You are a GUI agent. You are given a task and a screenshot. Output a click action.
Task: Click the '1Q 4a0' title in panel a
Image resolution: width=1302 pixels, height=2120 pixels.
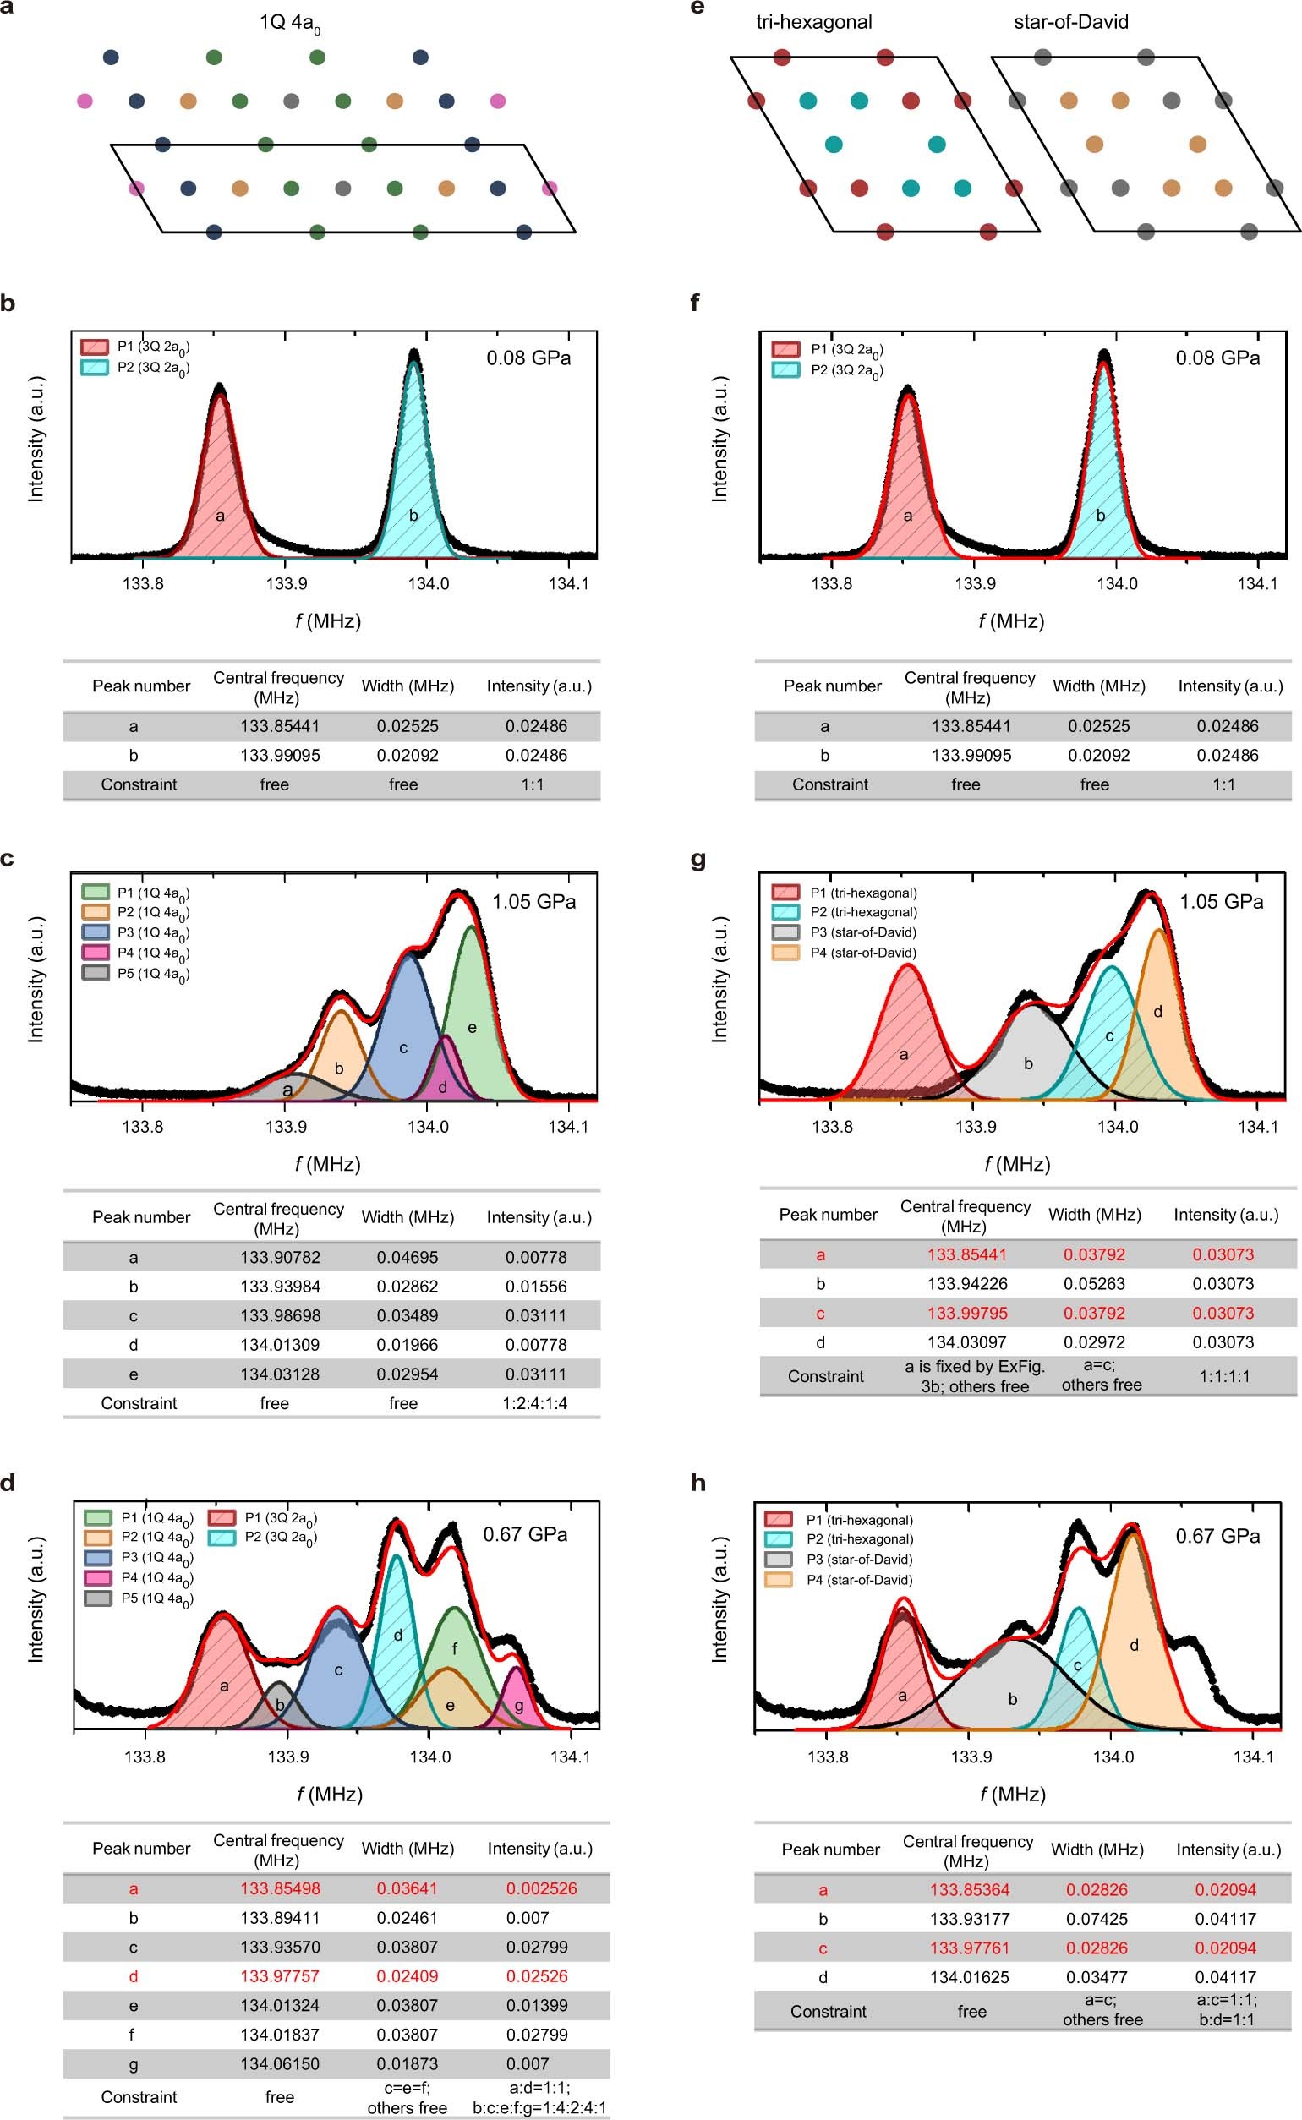point(289,23)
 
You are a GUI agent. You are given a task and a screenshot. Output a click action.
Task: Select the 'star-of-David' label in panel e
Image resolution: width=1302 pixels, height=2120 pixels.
point(1070,21)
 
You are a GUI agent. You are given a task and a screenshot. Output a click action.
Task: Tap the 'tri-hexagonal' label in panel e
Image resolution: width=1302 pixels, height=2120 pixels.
point(813,21)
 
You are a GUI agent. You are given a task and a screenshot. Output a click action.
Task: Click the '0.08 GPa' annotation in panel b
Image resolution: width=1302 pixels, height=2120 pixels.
point(528,358)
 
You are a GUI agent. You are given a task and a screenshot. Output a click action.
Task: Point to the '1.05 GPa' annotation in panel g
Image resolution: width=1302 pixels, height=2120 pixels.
point(1221,902)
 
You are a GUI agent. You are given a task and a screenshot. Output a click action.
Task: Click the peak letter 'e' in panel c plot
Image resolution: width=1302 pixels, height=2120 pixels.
point(472,1027)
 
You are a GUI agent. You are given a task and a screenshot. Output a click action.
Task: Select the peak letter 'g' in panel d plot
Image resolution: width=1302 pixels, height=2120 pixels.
point(518,1705)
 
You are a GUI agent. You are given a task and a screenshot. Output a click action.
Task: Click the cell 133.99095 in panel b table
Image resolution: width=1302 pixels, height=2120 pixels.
point(280,755)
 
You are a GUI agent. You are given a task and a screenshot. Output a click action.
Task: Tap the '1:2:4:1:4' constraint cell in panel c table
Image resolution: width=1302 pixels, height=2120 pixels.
point(534,1403)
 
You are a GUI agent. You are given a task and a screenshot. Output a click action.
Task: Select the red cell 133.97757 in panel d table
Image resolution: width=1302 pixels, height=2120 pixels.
point(280,1976)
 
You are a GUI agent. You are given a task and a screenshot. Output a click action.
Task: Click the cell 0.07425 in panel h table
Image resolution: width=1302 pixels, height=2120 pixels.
point(1097,1919)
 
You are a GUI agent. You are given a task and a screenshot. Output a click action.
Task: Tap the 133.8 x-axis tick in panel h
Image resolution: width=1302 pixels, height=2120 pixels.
point(828,1756)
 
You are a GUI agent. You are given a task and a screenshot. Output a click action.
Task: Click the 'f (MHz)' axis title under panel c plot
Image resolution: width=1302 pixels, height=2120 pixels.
point(327,1165)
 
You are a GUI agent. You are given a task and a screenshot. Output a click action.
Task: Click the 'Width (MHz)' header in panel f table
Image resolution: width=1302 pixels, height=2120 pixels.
point(1099,686)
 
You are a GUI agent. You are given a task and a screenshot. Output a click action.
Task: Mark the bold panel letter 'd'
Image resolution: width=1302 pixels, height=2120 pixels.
point(8,1483)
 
